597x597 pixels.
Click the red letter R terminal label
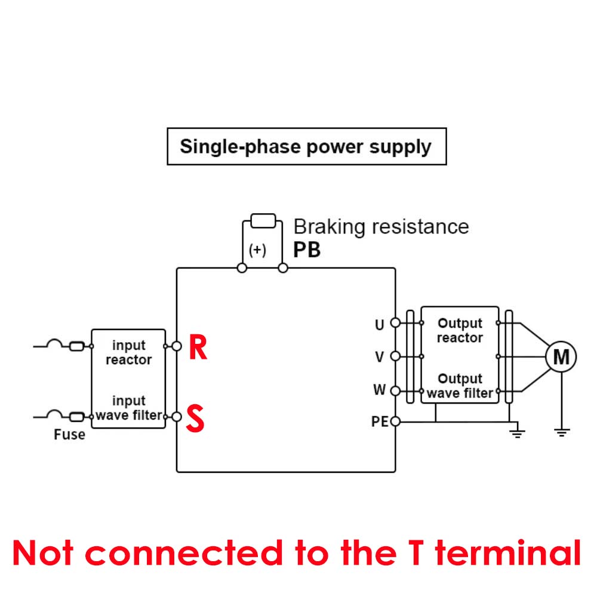pyautogui.click(x=198, y=348)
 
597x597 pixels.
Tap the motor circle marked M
pyautogui.click(x=561, y=357)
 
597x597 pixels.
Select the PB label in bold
pyautogui.click(x=307, y=250)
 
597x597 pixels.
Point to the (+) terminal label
pyautogui.click(x=257, y=250)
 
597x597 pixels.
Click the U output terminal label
pyautogui.click(x=380, y=325)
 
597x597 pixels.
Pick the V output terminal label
pyautogui.click(x=380, y=357)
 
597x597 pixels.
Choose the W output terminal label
pyautogui.click(x=380, y=390)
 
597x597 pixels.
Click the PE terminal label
pyautogui.click(x=380, y=422)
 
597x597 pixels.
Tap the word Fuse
pyautogui.click(x=69, y=435)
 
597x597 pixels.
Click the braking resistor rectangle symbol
pyautogui.click(x=263, y=221)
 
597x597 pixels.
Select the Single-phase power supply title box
pyautogui.click(x=306, y=146)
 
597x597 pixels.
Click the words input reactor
pyautogui.click(x=128, y=353)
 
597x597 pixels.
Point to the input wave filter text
pyautogui.click(x=128, y=408)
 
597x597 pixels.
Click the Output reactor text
pyautogui.click(x=459, y=331)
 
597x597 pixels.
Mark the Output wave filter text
pyautogui.click(x=459, y=386)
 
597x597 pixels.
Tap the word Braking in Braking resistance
pyautogui.click(x=330, y=227)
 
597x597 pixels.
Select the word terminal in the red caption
pyautogui.click(x=507, y=553)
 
